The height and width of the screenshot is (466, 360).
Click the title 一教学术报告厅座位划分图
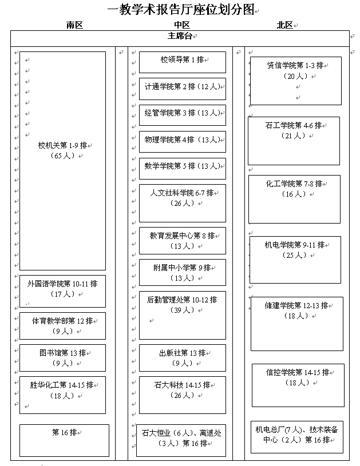tap(181, 10)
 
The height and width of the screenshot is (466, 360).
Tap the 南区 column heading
tap(74, 25)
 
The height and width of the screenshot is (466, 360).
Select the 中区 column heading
tap(182, 25)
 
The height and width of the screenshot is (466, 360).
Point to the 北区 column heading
tap(284, 25)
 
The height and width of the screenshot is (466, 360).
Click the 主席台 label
tap(180, 36)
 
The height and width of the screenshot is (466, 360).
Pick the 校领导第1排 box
tap(183, 62)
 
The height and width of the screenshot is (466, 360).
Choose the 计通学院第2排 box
tap(183, 89)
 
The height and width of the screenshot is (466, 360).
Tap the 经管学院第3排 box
tap(183, 115)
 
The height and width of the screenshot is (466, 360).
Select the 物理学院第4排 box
tap(183, 142)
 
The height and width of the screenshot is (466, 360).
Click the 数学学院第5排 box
tap(183, 169)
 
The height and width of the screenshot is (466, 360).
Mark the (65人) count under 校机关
tap(63, 156)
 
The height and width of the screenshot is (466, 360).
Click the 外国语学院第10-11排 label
tap(62, 284)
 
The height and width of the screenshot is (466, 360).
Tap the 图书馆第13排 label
tap(62, 353)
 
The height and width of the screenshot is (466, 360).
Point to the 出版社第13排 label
tap(182, 353)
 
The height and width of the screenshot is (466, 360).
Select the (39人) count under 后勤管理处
tap(182, 310)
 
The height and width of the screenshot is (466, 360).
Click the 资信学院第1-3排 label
tap(295, 65)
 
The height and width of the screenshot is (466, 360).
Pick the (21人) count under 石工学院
tap(294, 136)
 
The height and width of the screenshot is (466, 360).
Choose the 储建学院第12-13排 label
tap(296, 305)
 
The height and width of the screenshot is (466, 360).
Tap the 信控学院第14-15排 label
tap(298, 372)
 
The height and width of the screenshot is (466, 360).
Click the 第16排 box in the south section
tap(64, 440)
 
